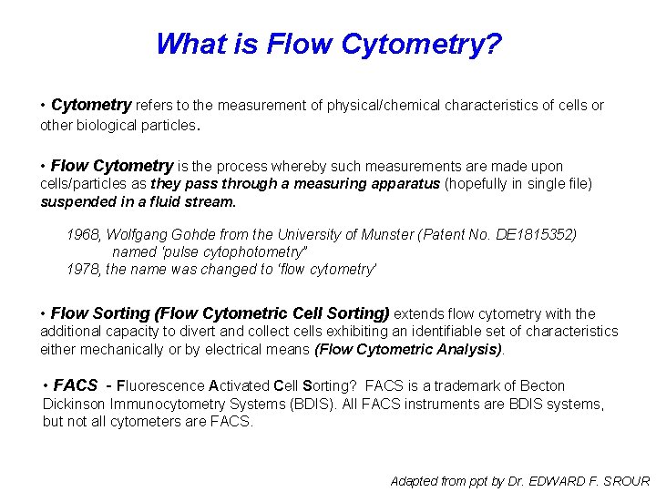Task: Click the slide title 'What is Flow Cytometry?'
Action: pos(328,44)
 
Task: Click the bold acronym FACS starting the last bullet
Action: pos(76,385)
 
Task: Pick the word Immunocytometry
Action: pos(176,404)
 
